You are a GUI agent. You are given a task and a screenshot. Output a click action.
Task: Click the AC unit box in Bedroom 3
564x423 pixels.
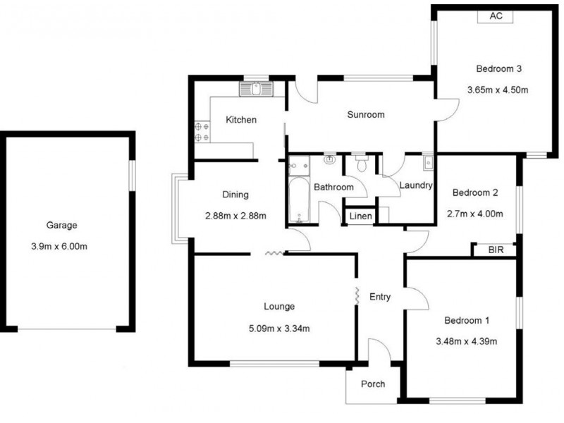coord(495,17)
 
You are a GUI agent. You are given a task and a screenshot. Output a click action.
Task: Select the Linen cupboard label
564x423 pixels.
coord(360,216)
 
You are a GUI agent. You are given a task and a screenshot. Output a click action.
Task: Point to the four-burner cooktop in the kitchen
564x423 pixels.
coord(201,130)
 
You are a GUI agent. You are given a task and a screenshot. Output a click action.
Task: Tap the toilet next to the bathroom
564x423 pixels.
coord(362,164)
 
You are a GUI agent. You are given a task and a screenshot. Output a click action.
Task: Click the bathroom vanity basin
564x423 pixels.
coord(329,161)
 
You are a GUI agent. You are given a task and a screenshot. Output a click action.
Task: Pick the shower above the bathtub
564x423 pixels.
coord(299,164)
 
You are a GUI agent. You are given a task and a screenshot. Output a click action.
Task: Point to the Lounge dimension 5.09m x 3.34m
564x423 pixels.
coord(279,327)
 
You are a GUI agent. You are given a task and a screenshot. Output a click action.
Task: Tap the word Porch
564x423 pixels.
coord(373,384)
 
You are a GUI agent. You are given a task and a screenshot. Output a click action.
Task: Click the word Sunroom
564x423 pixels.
coord(365,114)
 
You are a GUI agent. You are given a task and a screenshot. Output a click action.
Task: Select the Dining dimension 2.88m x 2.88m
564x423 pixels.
coord(235,216)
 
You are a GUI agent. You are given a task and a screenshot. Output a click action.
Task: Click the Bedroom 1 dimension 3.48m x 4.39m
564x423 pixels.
coord(466,342)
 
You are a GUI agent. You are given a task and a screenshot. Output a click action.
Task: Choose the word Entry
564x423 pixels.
coord(380,297)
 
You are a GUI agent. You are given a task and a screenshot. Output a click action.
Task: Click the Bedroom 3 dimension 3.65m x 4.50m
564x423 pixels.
coord(498,90)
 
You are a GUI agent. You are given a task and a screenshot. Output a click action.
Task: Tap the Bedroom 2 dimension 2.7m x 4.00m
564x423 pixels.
coord(475,214)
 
